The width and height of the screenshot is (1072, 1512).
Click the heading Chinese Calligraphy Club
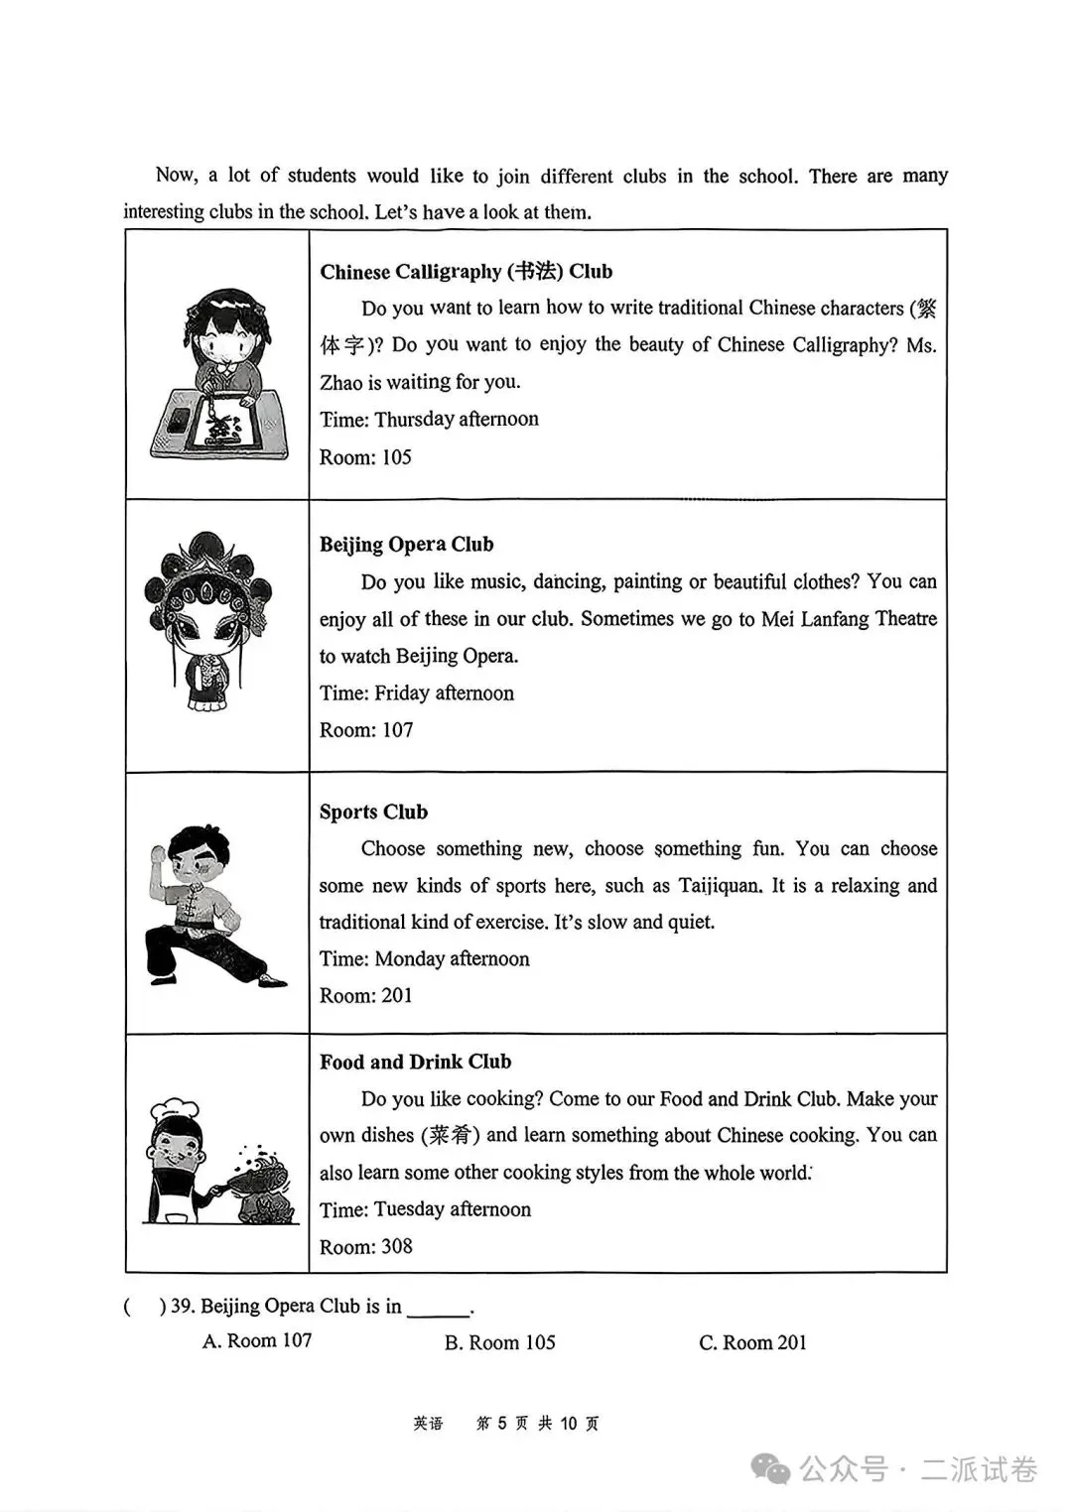pos(466,272)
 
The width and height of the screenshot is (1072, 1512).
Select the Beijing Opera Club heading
pos(406,545)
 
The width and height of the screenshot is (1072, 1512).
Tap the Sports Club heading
pos(373,812)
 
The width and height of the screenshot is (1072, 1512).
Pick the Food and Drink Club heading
pos(415,1062)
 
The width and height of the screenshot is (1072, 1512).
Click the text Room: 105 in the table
pos(365,457)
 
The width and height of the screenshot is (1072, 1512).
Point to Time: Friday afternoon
pos(417,693)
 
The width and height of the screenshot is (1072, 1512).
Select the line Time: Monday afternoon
pos(424,958)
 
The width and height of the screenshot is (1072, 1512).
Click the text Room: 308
pos(365,1247)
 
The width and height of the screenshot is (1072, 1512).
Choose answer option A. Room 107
pos(257,1341)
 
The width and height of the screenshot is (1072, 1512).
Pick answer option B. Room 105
pos(500,1342)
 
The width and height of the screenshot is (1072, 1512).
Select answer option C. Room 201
pos(752,1342)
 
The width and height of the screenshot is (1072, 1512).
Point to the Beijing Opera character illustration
pos(207,621)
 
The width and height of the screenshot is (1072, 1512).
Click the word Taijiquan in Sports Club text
pos(720,885)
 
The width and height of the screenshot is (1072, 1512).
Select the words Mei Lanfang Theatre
pos(849,619)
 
